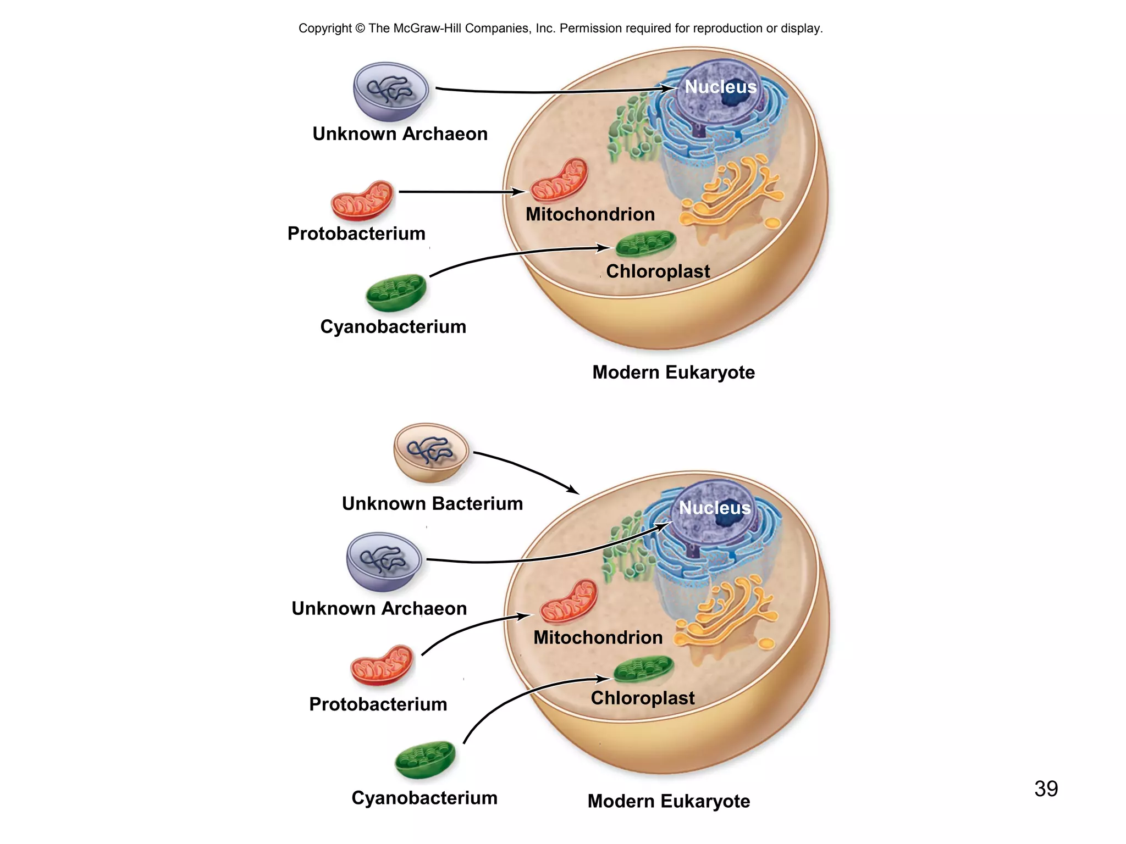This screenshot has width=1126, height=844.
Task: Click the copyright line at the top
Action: coord(560,28)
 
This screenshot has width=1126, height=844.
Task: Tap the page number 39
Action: coord(1046,789)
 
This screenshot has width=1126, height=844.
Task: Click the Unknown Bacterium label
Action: coord(432,503)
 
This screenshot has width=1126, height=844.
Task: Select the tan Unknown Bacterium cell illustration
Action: coord(431,453)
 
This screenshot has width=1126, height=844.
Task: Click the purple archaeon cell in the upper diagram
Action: coord(391,91)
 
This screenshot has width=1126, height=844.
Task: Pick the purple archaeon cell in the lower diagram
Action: coord(384,561)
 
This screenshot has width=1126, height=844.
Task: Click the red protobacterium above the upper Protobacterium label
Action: coord(362,200)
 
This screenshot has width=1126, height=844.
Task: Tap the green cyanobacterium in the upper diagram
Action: coord(396,293)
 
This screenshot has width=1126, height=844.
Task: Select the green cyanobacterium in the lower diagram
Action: coord(425,760)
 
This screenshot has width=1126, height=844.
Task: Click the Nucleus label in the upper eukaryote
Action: coord(720,87)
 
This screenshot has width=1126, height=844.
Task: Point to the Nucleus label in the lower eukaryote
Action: coord(714,508)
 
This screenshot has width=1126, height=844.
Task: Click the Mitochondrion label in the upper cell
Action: coord(590,214)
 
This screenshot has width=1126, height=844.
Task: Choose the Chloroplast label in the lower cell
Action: coord(642,698)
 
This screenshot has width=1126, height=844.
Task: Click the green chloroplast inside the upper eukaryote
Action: coord(645,244)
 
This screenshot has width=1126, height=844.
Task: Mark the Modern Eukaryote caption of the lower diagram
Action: coord(669,801)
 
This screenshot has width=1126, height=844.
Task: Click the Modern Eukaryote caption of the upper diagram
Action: coord(674,373)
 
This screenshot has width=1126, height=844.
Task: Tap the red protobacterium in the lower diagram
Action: coord(382,665)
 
